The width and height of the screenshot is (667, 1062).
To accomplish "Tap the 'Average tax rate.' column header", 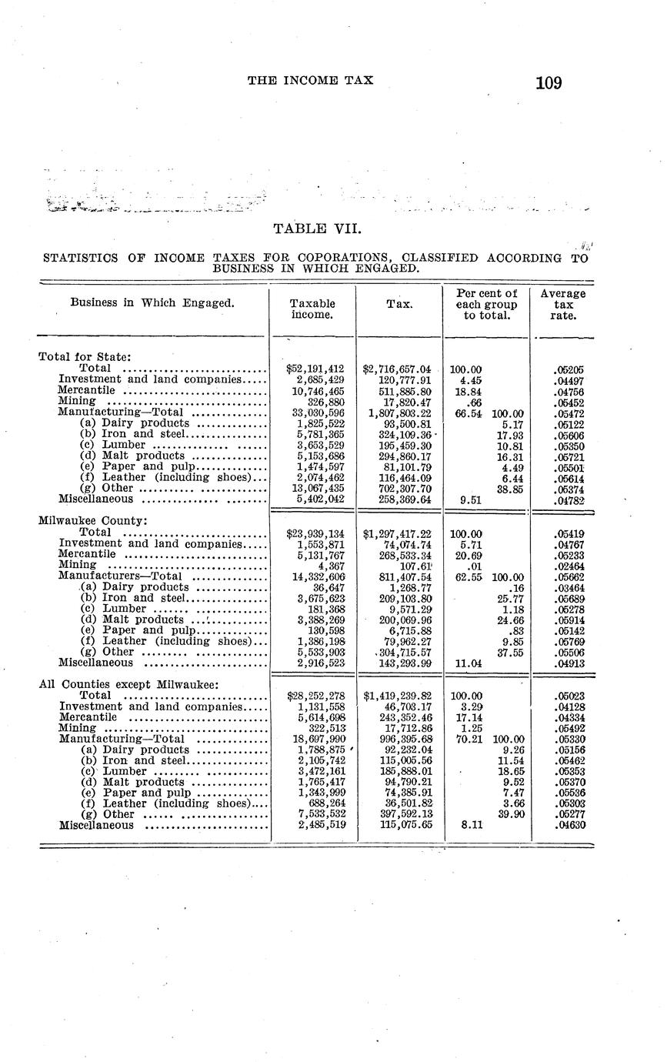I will click(563, 304).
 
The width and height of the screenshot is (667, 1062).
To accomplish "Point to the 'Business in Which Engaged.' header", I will click(152, 302).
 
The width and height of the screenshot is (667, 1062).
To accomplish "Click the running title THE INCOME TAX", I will click(310, 79).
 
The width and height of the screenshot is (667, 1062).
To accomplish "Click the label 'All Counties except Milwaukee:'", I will click(128, 684).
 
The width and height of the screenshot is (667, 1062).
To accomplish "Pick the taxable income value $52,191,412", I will click(315, 369).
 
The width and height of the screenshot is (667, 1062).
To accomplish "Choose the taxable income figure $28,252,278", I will click(315, 696).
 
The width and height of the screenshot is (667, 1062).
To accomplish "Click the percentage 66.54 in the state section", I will click(468, 412).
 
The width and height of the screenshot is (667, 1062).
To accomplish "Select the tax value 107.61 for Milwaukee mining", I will click(415, 565).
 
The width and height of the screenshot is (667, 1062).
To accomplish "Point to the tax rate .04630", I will click(569, 825).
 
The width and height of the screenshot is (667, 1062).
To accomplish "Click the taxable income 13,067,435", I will click(317, 488).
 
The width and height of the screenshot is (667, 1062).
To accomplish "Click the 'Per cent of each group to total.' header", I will click(485, 304).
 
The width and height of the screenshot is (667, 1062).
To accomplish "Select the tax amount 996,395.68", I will click(400, 739).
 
